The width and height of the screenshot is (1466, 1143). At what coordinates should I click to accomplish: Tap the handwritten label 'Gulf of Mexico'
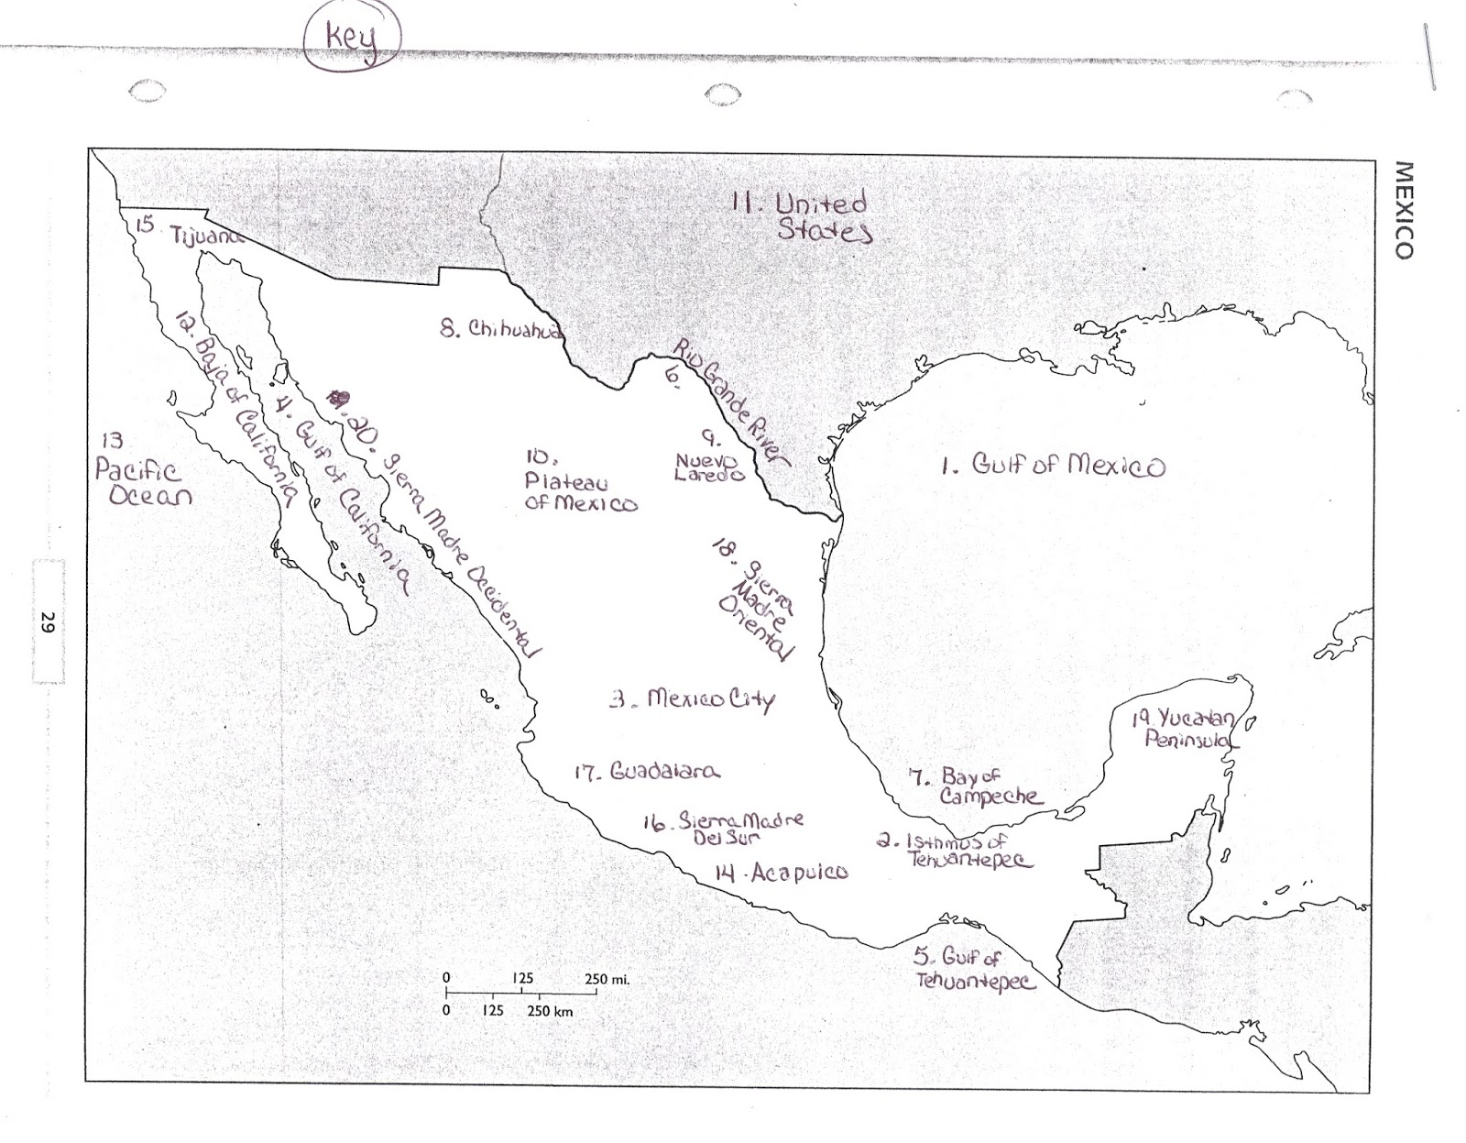pos(1054,466)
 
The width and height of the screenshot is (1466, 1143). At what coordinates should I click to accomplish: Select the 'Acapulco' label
pos(783,873)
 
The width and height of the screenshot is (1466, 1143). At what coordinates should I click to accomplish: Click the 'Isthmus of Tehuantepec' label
pos(957,851)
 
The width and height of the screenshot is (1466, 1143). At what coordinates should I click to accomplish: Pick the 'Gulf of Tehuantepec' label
pos(974,969)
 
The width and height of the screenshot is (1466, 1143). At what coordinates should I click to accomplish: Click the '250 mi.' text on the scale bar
pos(607,979)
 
